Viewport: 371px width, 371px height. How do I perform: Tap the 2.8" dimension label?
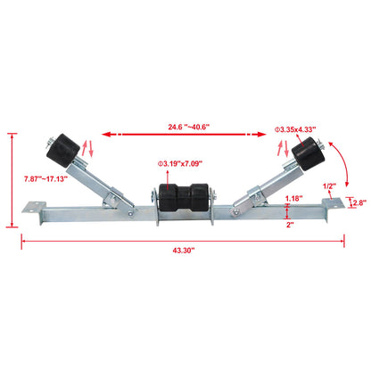(359, 203)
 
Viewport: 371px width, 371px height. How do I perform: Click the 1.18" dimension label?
(293, 197)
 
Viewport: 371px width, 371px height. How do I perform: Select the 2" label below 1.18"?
(289, 226)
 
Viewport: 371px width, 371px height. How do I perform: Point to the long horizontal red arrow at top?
(185, 134)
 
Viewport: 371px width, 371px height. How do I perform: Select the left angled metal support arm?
(98, 182)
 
